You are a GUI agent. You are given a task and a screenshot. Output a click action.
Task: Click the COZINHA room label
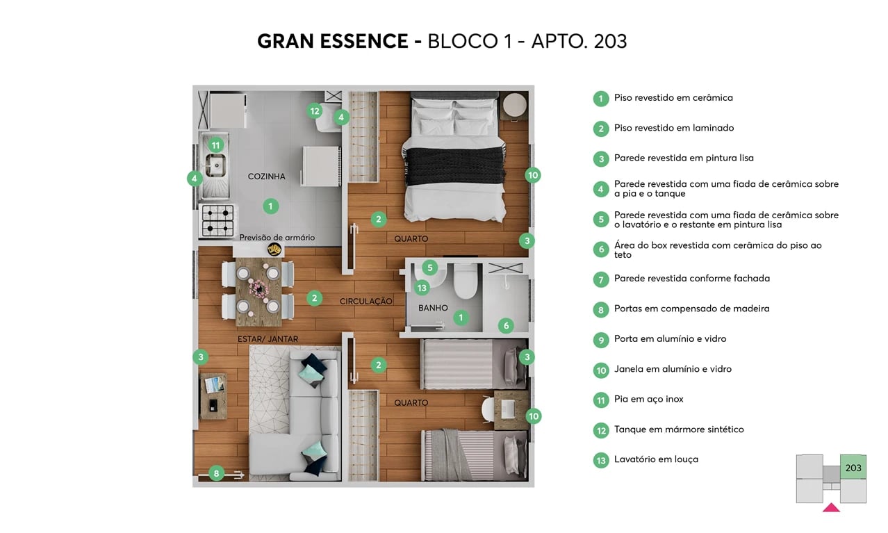[x=266, y=177]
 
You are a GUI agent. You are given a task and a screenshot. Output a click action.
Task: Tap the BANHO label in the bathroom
[x=433, y=308]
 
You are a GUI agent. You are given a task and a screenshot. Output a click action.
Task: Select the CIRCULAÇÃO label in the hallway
[x=366, y=302]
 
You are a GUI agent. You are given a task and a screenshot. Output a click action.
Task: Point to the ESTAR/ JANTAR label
[x=268, y=339]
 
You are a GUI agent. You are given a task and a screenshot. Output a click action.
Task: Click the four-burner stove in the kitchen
[x=217, y=220]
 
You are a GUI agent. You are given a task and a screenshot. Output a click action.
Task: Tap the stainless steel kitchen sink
[x=215, y=165]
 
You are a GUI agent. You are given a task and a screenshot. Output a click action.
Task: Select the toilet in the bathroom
[x=463, y=282]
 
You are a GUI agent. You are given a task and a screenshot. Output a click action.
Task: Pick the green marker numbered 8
[x=216, y=474]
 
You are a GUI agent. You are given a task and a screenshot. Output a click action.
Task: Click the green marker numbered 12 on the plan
[x=315, y=110]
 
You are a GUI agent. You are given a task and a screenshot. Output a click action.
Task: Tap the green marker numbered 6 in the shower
[x=506, y=325]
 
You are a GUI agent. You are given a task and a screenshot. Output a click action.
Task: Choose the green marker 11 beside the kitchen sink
[x=216, y=145]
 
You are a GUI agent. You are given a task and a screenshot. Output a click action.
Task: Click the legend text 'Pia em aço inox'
[x=648, y=400]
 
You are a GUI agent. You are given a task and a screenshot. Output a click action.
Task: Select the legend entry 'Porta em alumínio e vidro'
[x=670, y=339]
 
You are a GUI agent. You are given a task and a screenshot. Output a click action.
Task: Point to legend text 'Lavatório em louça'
[x=656, y=459]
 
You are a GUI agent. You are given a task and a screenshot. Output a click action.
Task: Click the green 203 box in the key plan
[x=853, y=468]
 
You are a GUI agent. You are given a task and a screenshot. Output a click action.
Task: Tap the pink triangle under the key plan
[x=831, y=508]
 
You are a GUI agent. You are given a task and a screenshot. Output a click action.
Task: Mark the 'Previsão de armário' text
[x=277, y=238]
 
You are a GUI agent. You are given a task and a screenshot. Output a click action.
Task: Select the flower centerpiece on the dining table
[x=258, y=287]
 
